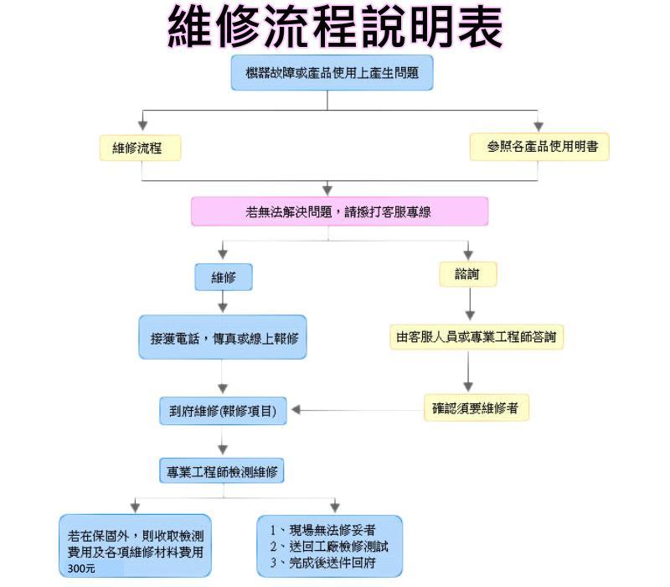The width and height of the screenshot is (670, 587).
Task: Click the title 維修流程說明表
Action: [335, 27]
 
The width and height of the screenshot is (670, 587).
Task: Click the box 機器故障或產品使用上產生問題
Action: [332, 73]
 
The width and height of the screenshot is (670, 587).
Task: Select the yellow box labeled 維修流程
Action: [141, 148]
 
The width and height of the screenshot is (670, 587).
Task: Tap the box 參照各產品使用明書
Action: [539, 147]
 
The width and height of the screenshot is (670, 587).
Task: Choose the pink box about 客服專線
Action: [339, 211]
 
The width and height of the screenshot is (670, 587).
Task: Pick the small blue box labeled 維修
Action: [224, 277]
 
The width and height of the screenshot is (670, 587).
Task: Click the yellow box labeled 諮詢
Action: [468, 274]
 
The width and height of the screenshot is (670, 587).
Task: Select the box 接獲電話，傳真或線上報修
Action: [223, 337]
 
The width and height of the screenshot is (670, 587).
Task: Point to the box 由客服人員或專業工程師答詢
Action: [476, 337]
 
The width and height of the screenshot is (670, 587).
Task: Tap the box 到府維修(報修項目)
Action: [223, 411]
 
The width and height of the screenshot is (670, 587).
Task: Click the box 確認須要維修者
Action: [476, 408]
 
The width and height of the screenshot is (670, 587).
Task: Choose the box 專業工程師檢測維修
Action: [223, 472]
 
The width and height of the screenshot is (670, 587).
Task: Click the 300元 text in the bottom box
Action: [82, 569]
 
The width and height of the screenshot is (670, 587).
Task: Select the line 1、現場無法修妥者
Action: [322, 530]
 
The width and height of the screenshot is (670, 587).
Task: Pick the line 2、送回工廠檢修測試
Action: [328, 546]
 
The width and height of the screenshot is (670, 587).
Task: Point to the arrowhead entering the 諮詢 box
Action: [468, 254]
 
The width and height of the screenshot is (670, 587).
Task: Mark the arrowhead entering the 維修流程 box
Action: [142, 126]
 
